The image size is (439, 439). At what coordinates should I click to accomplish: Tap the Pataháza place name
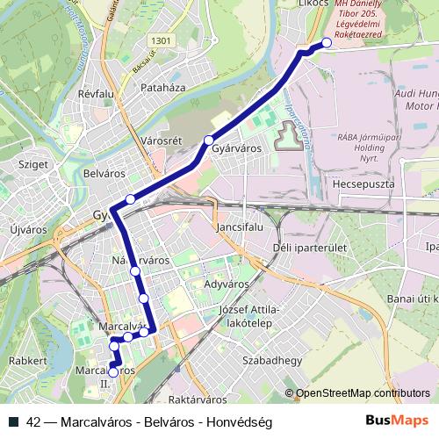click(163, 88)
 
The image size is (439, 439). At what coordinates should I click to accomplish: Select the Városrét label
click(160, 140)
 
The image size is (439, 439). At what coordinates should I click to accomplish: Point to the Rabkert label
click(26, 361)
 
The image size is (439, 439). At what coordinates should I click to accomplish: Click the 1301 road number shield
click(162, 40)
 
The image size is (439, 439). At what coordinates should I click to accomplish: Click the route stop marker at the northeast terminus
click(327, 42)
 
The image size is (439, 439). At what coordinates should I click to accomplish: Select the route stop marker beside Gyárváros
click(209, 140)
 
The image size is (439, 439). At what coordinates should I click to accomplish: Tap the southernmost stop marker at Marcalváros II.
click(113, 372)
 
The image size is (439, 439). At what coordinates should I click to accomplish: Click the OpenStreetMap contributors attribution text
click(362, 394)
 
